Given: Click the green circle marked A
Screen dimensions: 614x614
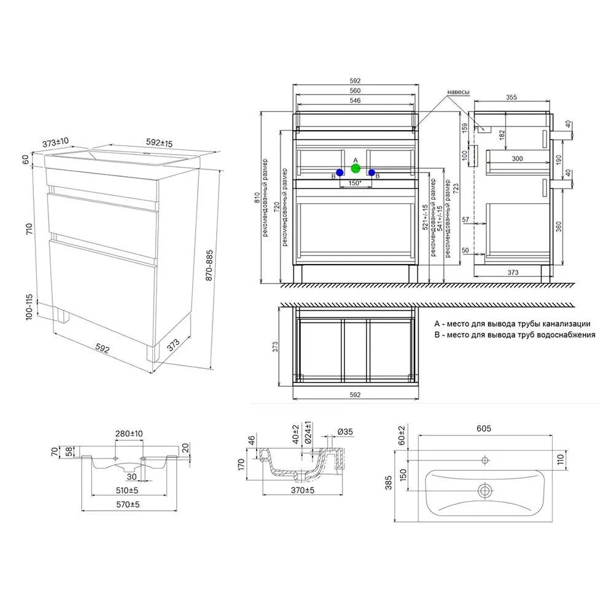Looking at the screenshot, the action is click(356, 168).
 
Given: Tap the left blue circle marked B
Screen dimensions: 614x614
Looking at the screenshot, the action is click(340, 173).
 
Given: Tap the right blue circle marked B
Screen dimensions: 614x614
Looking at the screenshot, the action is click(371, 172).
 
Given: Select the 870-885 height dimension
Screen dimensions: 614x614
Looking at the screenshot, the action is click(209, 265).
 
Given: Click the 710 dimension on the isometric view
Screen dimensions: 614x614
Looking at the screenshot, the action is click(29, 228).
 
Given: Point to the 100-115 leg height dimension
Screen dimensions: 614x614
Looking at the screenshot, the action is click(29, 307).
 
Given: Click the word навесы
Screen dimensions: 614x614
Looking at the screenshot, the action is click(458, 91).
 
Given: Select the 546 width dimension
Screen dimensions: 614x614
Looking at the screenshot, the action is click(355, 100).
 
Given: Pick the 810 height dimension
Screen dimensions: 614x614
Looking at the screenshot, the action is click(257, 197).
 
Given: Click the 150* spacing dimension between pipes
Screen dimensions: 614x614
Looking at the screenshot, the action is click(355, 183).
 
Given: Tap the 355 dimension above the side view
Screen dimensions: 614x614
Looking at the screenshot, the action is click(511, 97).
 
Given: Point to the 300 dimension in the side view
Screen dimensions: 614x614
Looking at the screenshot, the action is click(517, 158).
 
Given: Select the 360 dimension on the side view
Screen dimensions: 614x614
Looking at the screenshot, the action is click(559, 227).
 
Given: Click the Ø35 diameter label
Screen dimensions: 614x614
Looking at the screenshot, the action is click(345, 432).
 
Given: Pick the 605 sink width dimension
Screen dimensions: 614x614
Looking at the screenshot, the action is click(484, 429).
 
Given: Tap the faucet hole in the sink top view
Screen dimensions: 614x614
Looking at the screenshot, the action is click(485, 460).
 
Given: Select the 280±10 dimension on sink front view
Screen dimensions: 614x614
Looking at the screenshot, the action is click(129, 433).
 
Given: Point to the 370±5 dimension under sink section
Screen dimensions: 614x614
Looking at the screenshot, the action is click(302, 490).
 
